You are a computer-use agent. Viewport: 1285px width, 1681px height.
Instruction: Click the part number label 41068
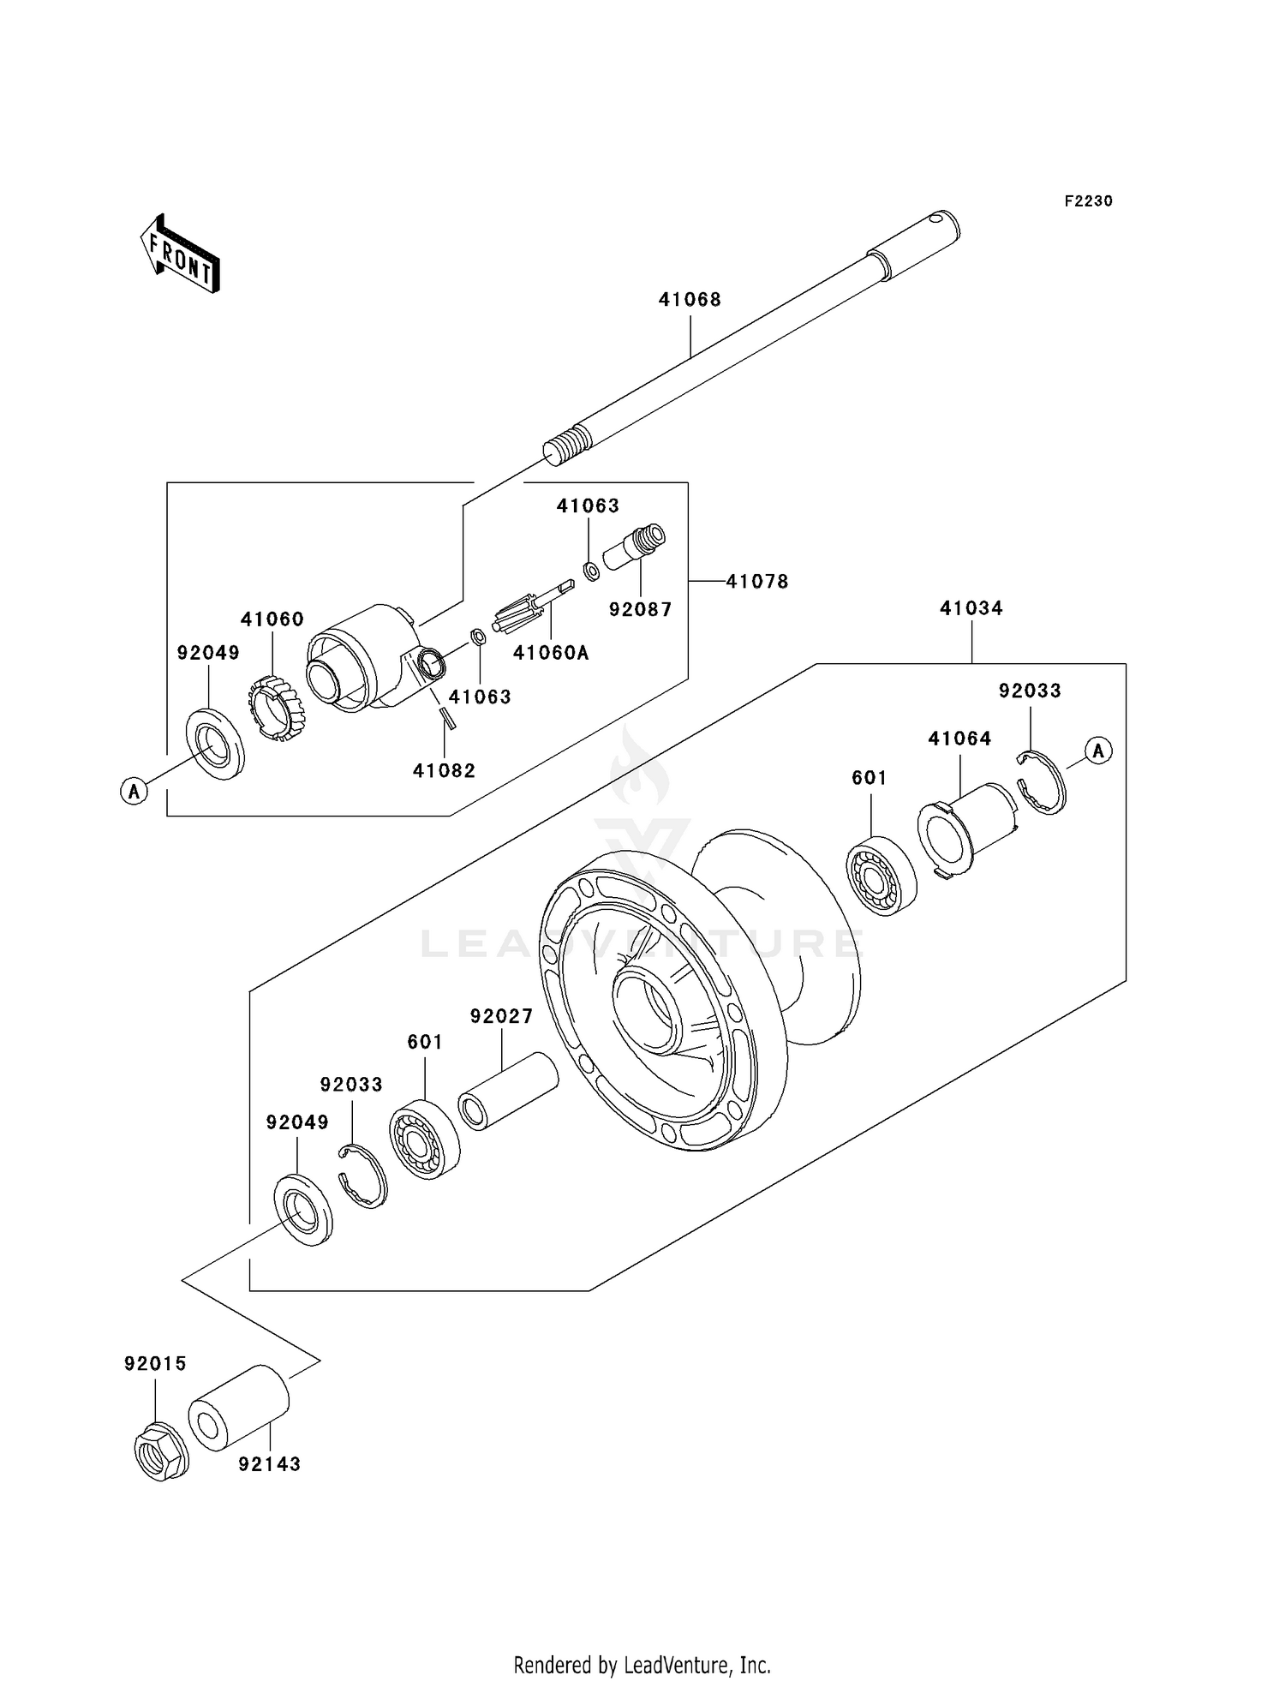click(690, 300)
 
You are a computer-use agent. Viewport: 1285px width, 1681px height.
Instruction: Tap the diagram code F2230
click(1088, 201)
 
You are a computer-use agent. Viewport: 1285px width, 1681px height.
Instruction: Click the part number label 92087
click(640, 610)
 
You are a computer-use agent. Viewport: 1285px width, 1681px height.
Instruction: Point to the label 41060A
click(551, 653)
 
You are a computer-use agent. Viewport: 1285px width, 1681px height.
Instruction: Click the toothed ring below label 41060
click(277, 707)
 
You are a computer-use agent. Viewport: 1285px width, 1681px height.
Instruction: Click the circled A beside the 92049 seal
click(134, 791)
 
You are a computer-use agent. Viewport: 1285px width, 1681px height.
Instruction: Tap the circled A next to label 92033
click(1098, 751)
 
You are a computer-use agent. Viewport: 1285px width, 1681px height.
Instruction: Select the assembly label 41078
click(756, 582)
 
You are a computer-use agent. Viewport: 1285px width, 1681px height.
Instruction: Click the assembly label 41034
click(971, 608)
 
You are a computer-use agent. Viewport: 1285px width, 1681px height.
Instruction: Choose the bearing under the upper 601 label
click(882, 880)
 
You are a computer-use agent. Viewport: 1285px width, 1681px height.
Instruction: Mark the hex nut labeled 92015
click(161, 1451)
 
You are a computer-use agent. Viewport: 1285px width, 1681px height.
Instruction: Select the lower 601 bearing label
click(425, 1042)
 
